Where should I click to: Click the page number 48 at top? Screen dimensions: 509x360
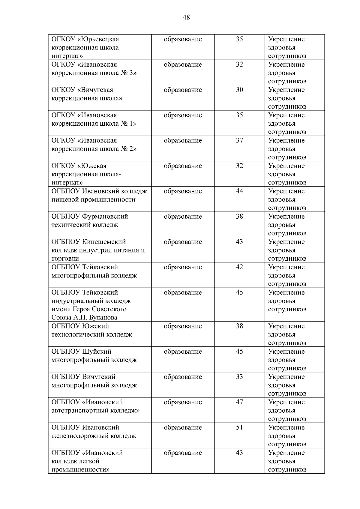pos(186,17)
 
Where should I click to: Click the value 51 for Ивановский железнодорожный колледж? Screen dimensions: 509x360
pos(239,427)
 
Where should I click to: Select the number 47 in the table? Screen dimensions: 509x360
pos(239,402)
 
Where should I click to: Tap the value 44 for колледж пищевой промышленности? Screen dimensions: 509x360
pos(239,191)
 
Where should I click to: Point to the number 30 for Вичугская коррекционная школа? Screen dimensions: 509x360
pos(239,90)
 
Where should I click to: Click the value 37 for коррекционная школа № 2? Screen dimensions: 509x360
pos(239,140)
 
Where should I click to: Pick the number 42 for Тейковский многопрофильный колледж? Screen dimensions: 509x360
pos(239,267)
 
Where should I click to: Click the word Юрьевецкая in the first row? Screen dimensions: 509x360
pos(99,39)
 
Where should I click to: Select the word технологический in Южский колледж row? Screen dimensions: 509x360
pos(76,334)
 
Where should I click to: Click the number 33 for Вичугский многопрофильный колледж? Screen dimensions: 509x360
pos(239,377)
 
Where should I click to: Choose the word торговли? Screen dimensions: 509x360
pos(65,259)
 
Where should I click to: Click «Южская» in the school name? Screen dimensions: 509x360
pos(92,166)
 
